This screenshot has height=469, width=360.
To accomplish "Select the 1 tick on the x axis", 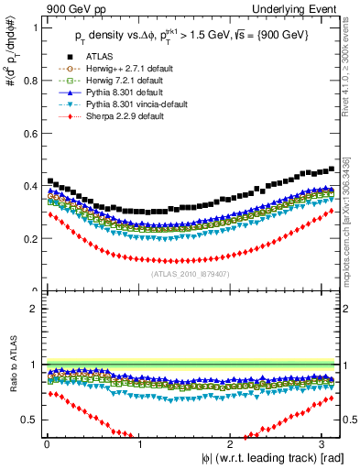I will click(x=138, y=444).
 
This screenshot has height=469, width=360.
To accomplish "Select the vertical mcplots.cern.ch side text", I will click(x=353, y=229).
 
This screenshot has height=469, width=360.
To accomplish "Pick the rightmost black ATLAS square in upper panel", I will click(x=331, y=169).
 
